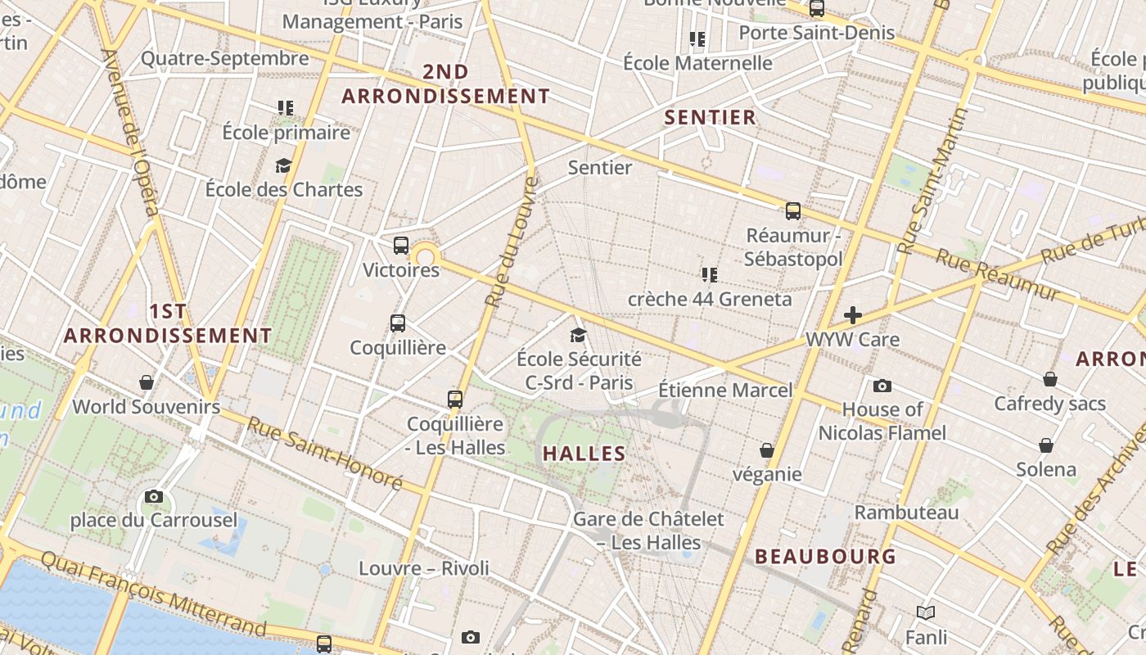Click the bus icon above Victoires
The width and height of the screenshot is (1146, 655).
[x=401, y=245]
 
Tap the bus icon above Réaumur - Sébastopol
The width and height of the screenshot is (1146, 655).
[x=792, y=211]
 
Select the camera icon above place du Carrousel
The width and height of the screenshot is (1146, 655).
[x=153, y=496]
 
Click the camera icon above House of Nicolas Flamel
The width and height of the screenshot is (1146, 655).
[x=882, y=386]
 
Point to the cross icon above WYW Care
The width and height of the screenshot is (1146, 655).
[x=853, y=315]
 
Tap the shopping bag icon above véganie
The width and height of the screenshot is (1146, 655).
[x=767, y=450]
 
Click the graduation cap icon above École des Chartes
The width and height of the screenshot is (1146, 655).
[x=283, y=166]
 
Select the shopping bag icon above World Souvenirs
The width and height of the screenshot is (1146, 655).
[x=147, y=382]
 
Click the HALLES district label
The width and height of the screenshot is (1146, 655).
[x=584, y=454]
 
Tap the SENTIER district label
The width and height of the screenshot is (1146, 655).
[x=711, y=117]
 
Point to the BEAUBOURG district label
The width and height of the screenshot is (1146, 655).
[x=825, y=557]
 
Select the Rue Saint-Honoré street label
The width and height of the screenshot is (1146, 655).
[x=325, y=453]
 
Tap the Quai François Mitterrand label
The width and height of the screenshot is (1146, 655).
[x=153, y=593]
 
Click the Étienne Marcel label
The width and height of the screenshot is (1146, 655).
[x=725, y=391]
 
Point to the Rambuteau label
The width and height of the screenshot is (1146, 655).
[x=906, y=513]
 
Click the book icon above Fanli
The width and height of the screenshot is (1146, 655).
[x=926, y=612]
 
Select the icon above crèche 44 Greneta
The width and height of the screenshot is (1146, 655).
[x=709, y=274]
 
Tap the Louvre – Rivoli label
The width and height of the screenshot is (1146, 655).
[x=424, y=568]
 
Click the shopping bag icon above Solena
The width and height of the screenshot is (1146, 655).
[x=1046, y=445]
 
